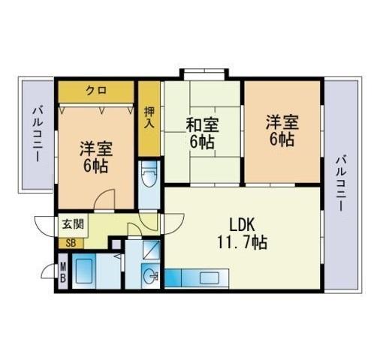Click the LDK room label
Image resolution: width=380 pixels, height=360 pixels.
[x=243, y=224]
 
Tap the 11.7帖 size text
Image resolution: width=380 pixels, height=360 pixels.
[x=243, y=242]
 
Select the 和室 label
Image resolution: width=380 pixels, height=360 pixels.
[x=202, y=125]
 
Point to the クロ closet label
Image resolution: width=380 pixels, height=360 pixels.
[x=96, y=90]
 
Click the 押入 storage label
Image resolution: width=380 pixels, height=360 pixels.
[x=149, y=118]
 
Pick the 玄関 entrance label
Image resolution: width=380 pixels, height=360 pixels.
[x=73, y=224]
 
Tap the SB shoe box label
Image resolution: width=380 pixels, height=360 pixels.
[x=71, y=243]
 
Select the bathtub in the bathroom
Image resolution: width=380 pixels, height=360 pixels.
[x=84, y=271]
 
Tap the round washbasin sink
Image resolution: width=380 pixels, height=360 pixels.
[x=151, y=276]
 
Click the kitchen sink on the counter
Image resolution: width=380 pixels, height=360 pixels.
[x=210, y=277]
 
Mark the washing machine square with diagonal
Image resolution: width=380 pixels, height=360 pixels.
[x=151, y=249]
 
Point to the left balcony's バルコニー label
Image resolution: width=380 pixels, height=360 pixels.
[x=38, y=134]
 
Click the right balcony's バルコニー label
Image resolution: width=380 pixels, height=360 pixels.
[x=341, y=183]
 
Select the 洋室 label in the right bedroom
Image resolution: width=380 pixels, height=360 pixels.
[x=282, y=122]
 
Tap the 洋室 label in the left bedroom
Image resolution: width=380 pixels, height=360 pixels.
[x=96, y=149]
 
